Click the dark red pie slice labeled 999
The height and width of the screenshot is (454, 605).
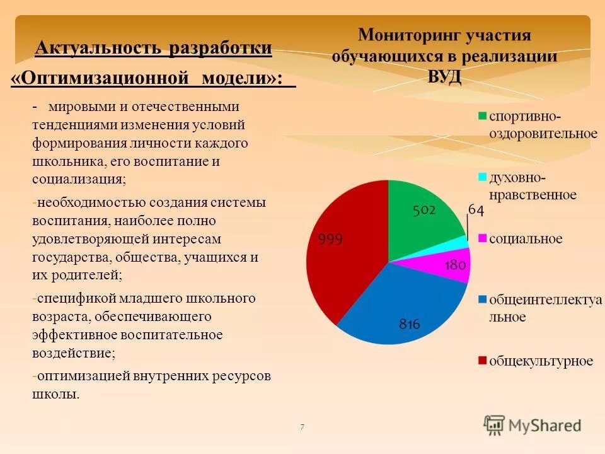(340, 252)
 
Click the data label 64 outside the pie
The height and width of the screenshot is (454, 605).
(475, 211)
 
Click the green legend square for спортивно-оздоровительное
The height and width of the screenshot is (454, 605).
(482, 116)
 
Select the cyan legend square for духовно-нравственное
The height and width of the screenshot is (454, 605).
(482, 177)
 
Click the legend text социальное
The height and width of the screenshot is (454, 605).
(526, 239)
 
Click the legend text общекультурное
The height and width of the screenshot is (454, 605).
(541, 361)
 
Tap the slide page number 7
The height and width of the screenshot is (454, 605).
(302, 428)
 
